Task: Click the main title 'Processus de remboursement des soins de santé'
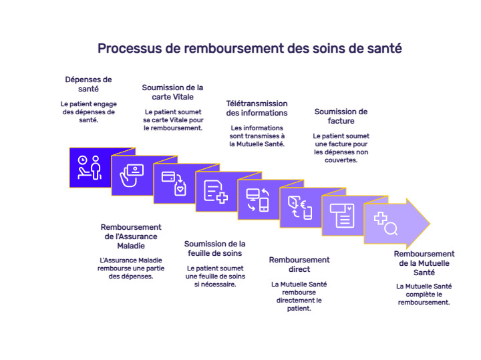pos(249,49)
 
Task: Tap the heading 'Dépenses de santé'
pos(88,83)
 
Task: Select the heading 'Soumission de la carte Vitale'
pos(172,92)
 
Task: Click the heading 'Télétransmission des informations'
pos(257,108)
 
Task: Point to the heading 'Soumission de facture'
pos(341,116)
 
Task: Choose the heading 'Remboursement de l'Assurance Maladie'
pos(131,236)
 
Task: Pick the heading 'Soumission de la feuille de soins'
pos(214,248)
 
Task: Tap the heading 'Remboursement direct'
pos(299,264)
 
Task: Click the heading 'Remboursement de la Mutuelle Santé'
pos(424,263)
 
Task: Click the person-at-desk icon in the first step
pos(89,167)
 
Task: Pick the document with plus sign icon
pos(215,191)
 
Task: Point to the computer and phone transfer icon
pos(257,200)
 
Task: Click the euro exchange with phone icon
pos(299,208)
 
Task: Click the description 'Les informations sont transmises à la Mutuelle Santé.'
pos(257,136)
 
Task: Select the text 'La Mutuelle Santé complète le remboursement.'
pos(424,294)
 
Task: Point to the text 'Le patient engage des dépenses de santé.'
pos(88,112)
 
